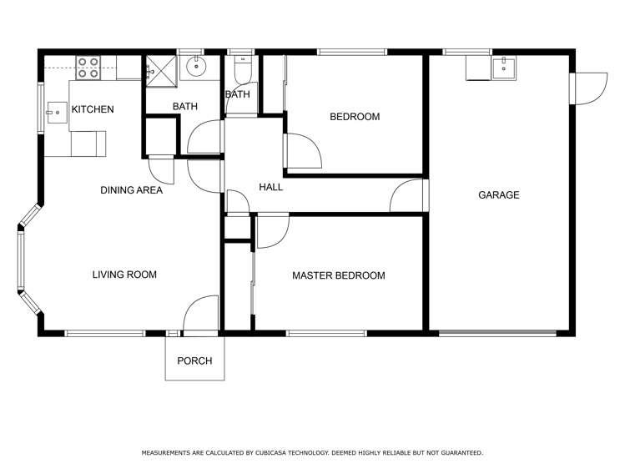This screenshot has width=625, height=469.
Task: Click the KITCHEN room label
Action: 93,110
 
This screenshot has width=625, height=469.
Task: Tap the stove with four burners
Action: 88,68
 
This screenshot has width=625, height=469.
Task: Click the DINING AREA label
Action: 131,190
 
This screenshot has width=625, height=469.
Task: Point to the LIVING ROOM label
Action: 124,275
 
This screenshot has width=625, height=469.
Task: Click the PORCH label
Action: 194,361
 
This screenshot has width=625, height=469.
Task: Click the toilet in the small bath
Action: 241,72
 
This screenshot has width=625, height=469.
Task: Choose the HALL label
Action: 270,188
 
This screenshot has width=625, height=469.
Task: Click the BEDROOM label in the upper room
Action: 355,117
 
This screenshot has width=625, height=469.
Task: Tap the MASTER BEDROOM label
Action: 339,275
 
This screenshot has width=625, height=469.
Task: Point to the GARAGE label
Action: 499,195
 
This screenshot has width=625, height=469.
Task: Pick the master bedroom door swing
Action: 272,229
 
